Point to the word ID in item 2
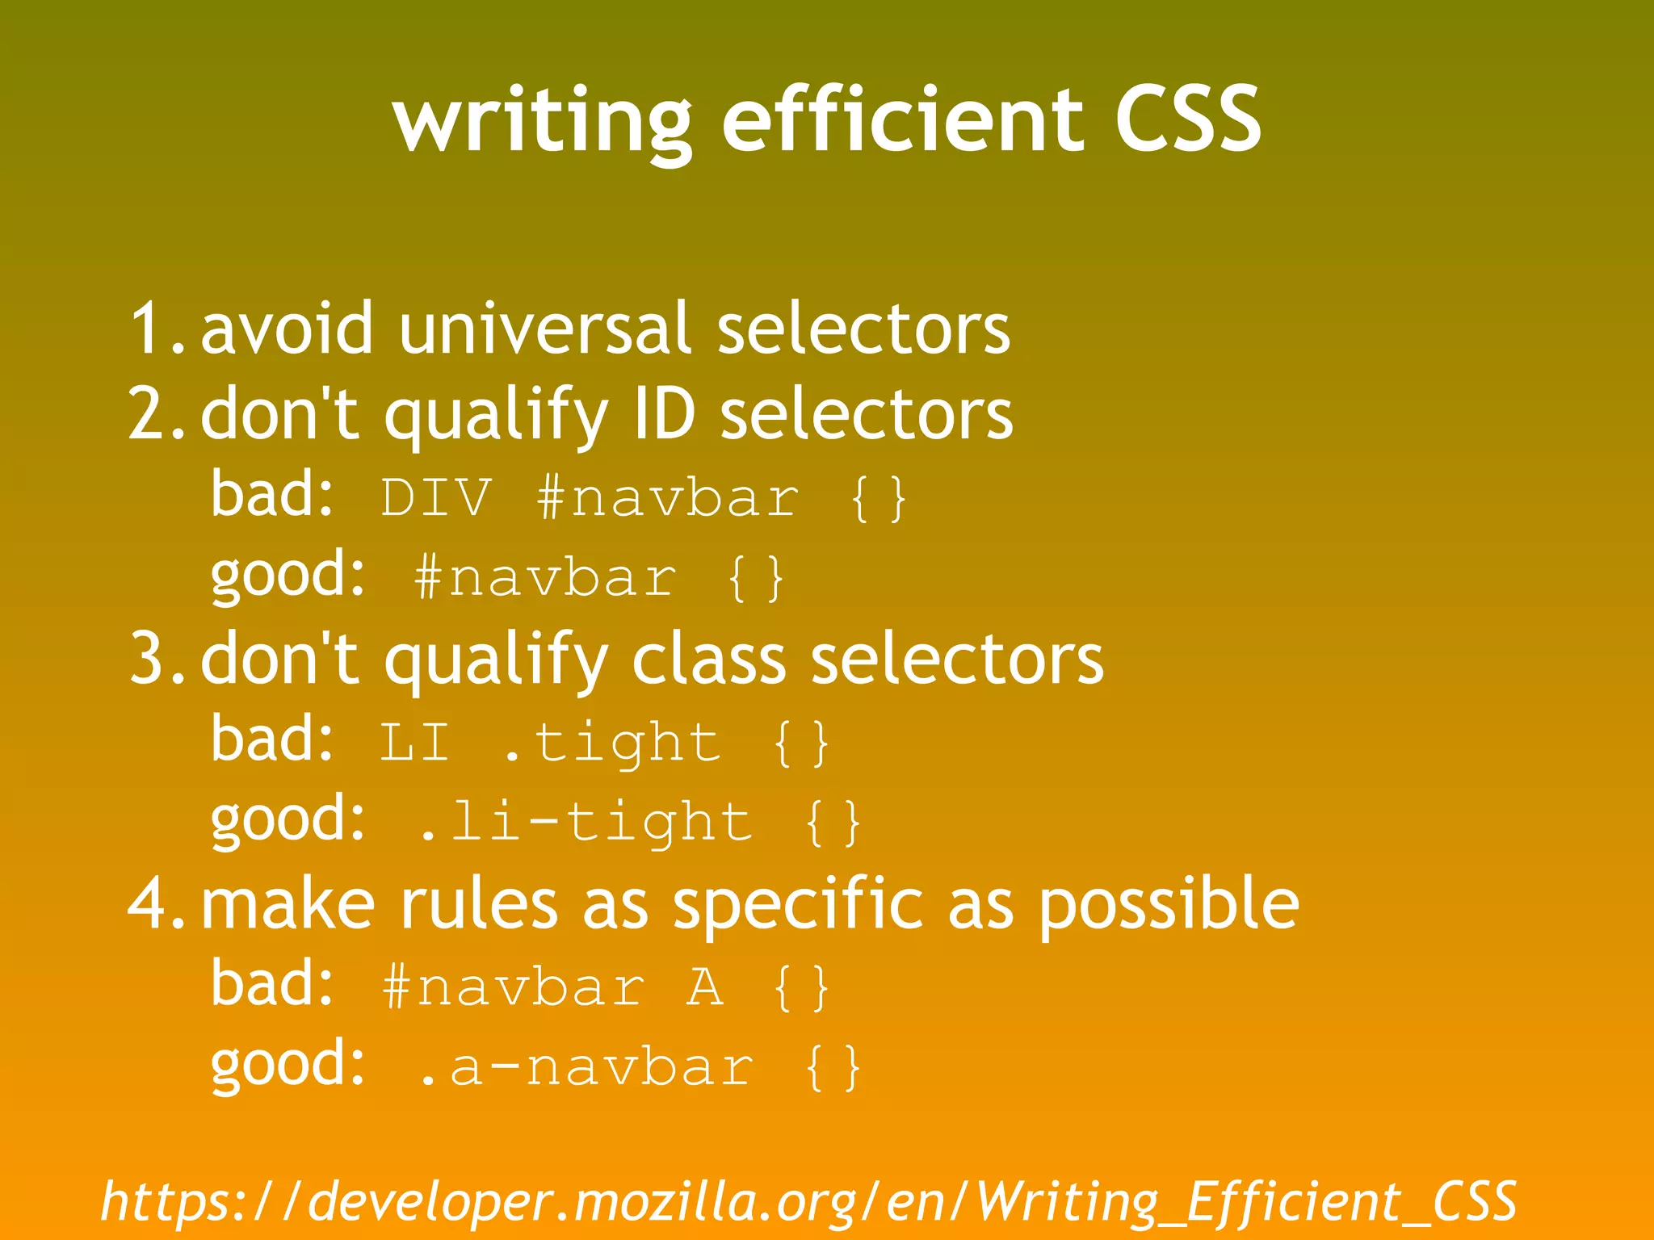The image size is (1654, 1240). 664,413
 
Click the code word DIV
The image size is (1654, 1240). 436,497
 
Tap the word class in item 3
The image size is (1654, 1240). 708,659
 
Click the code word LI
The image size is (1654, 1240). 414,743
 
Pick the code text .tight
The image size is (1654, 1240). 611,743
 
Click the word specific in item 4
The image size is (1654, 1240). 797,904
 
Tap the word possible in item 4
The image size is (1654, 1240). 1169,904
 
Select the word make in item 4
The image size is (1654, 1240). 288,904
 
